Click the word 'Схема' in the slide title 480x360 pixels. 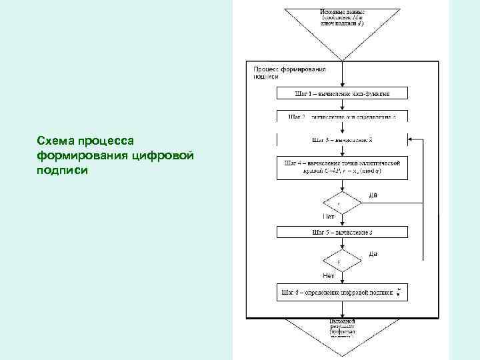tap(55, 141)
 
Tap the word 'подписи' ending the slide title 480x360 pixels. tap(62, 170)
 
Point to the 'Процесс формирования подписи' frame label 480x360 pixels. tap(289, 72)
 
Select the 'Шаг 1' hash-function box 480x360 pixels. tap(342, 94)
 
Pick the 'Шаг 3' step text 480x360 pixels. tap(342, 140)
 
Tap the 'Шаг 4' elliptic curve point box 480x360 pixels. tap(342, 167)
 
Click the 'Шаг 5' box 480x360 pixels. tap(342, 232)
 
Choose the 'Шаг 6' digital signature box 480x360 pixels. tap(342, 292)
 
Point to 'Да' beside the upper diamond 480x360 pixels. tap(373, 195)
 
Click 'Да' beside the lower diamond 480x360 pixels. tap(373, 254)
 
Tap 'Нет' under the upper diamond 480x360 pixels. tap(329, 217)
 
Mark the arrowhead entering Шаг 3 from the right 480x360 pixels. tap(411, 139)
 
